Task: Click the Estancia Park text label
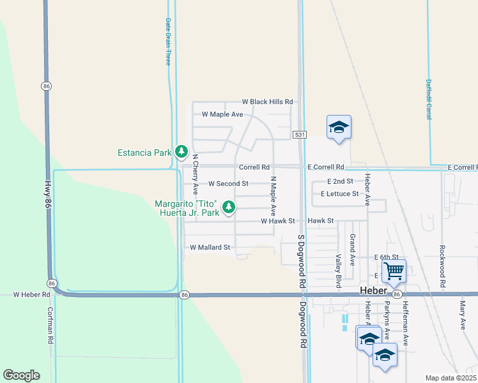click(144, 153)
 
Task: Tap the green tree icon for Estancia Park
click(182, 152)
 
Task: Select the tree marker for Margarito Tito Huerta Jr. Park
click(229, 207)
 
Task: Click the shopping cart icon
click(394, 271)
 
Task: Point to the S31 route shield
click(301, 135)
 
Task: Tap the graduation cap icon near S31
click(339, 127)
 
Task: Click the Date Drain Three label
click(168, 41)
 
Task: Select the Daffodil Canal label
click(429, 94)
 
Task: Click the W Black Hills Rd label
click(267, 101)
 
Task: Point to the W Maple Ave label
click(222, 114)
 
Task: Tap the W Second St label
click(228, 183)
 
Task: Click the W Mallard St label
click(210, 247)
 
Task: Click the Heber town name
click(374, 290)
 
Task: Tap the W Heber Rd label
click(31, 294)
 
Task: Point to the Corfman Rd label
click(50, 326)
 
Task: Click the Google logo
click(21, 375)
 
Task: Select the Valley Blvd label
click(339, 270)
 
